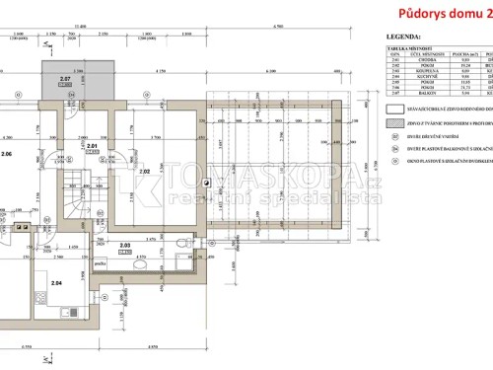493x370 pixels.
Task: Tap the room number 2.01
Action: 91,146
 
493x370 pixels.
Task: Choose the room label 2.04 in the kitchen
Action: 55,282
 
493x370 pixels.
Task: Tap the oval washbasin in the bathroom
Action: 139,264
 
